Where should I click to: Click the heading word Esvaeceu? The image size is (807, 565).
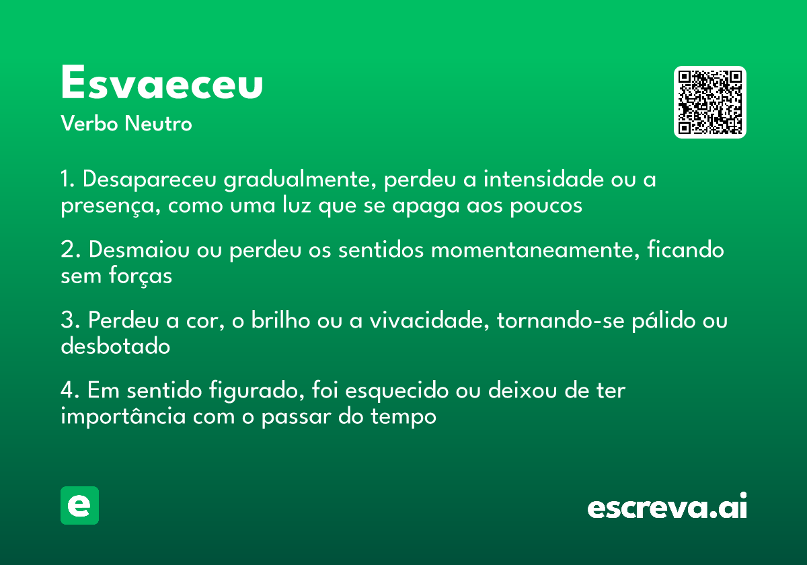tap(161, 84)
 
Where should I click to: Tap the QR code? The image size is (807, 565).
tap(709, 102)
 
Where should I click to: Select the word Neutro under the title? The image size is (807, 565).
tap(158, 124)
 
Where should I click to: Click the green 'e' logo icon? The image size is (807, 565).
tap(79, 505)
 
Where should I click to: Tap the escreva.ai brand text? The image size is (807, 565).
tap(667, 507)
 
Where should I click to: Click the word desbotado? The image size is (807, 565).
tap(115, 346)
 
